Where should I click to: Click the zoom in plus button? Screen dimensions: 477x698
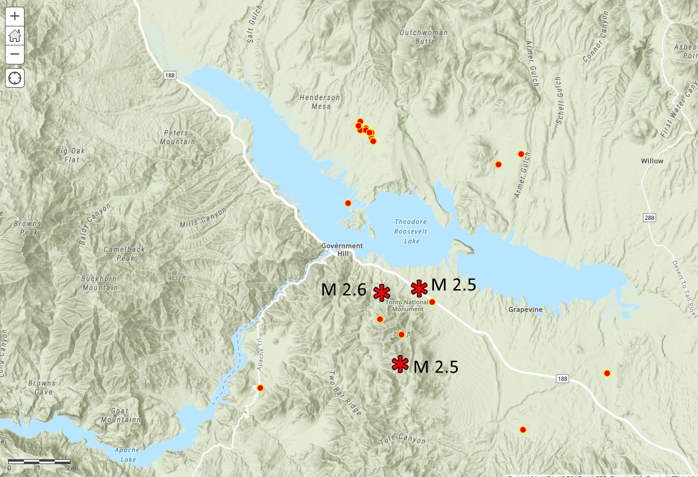coord(15,16)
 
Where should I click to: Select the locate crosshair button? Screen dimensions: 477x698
coord(15,78)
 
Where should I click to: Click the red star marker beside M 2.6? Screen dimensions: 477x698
coord(382,293)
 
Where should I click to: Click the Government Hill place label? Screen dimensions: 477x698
coord(342,249)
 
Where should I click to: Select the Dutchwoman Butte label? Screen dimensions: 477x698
coord(424,37)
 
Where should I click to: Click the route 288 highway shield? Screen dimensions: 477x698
coord(650,218)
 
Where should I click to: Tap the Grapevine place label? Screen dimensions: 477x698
coord(525,309)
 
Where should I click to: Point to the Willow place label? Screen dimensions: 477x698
coord(652,161)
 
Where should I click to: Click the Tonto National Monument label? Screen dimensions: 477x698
coord(405,305)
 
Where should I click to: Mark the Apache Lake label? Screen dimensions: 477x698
coord(126,454)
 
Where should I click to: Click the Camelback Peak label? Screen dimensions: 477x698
coord(124,254)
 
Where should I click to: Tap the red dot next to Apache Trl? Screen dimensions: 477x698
coord(260,388)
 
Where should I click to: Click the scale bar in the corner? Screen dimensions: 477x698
coord(39,462)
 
